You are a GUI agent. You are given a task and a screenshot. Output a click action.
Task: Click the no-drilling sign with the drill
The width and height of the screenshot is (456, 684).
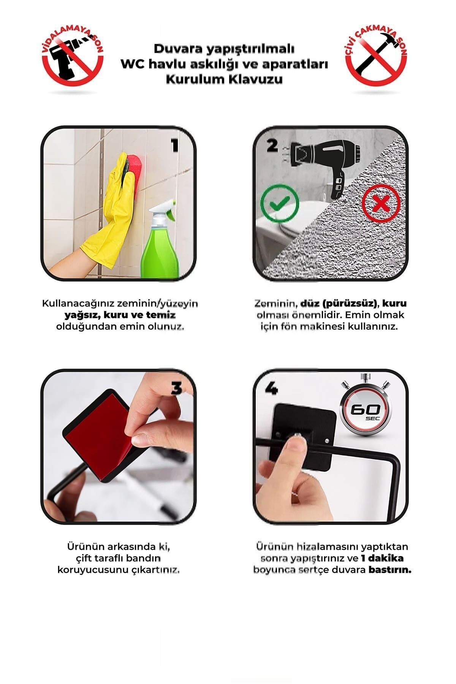click(x=72, y=59)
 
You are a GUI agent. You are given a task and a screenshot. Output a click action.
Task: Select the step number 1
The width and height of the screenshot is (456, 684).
click(x=175, y=145)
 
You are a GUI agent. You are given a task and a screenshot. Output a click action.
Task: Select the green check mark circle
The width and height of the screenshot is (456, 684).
click(x=279, y=203)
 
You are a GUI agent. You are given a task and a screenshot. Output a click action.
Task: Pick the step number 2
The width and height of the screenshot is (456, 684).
click(x=272, y=145)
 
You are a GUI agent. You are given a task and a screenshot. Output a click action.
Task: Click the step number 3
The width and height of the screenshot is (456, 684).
click(x=176, y=388)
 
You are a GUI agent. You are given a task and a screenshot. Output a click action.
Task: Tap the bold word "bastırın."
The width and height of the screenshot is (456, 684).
click(x=390, y=570)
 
